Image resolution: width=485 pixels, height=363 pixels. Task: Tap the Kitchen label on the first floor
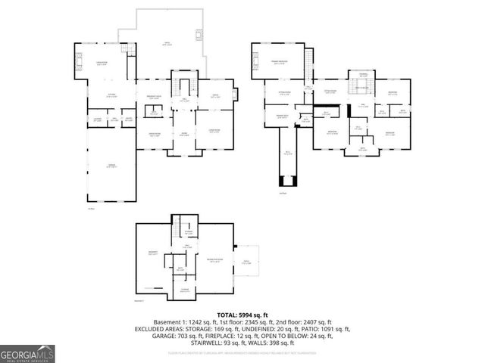coord(111,95)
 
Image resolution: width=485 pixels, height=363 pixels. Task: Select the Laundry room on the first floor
coord(98,119)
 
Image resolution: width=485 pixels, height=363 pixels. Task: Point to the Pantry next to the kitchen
coord(128,119)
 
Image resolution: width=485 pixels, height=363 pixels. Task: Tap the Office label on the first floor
coord(214,96)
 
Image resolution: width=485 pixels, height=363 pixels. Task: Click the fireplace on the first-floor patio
coord(199,34)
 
